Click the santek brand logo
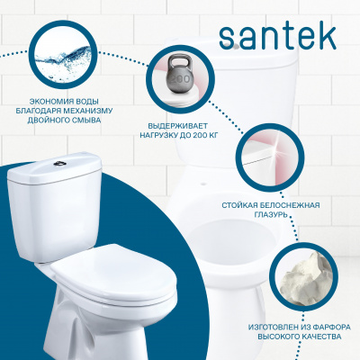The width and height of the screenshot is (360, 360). click(277, 38)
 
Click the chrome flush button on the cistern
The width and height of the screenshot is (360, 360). click(58, 163)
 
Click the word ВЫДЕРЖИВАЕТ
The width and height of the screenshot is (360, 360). click(178, 125)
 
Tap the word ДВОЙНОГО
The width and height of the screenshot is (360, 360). click(48, 121)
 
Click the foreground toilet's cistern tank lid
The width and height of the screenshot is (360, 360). click(54, 166)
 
